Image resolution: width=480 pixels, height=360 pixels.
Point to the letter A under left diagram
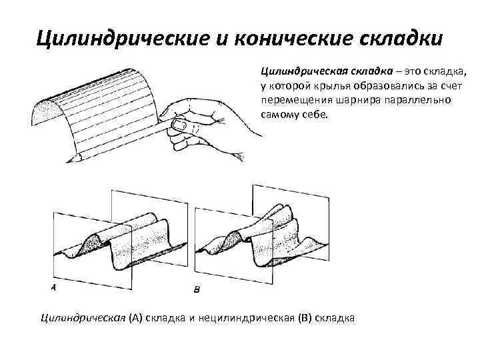pos(53,287)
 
